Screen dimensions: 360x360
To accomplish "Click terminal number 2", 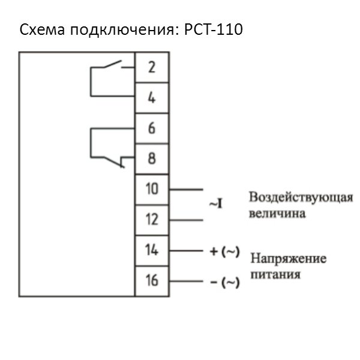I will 152,67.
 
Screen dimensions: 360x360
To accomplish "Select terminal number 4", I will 152,97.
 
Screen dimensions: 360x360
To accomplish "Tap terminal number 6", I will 152,128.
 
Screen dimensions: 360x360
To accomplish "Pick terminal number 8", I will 152,158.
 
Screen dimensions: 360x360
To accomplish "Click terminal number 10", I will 152,188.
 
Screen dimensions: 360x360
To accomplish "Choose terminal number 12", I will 152,219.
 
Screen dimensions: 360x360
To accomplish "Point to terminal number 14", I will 152,250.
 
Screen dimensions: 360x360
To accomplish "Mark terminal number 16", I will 152,280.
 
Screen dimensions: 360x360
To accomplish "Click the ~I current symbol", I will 216,205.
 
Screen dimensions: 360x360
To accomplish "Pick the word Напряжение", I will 289,259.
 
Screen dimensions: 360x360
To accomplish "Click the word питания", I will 276,275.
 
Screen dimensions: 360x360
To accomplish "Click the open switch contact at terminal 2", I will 114,64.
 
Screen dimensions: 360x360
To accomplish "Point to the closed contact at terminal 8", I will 114,161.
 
